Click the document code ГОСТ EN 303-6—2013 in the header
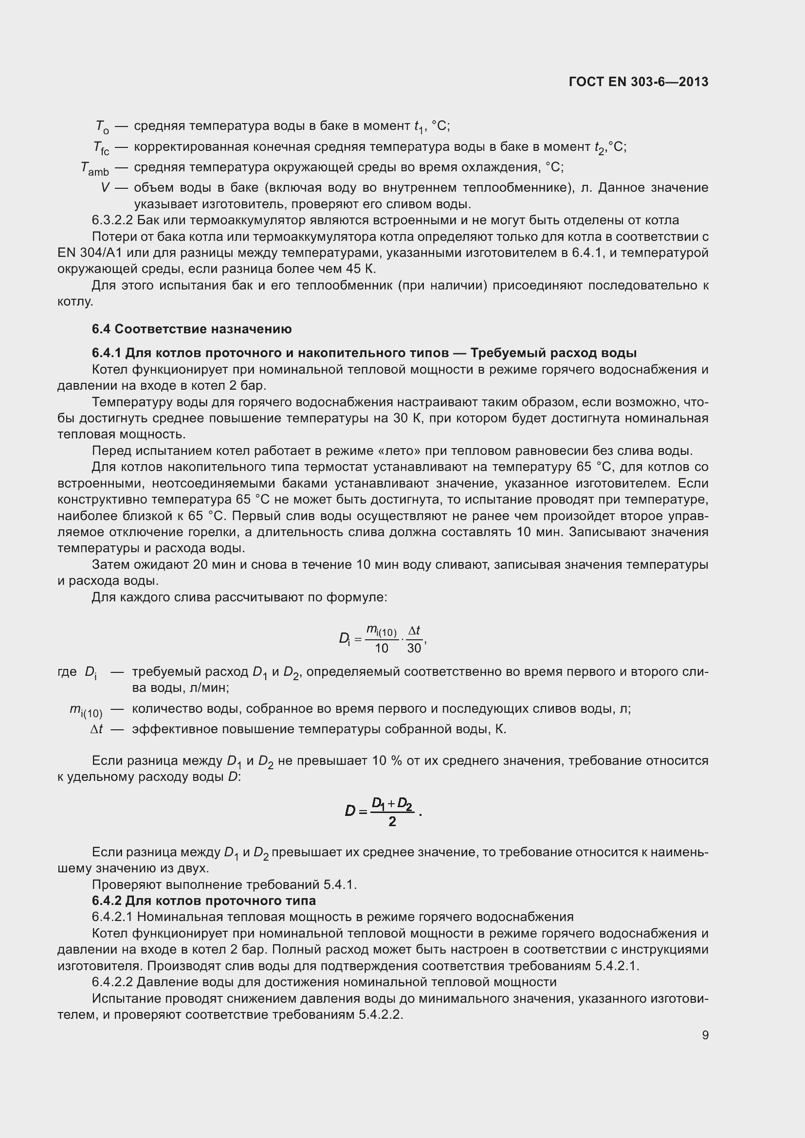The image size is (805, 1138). [639, 82]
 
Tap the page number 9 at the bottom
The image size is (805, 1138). [705, 1035]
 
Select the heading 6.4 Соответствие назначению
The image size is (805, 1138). [191, 329]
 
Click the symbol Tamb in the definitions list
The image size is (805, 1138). [95, 169]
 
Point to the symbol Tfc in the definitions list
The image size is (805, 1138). [101, 148]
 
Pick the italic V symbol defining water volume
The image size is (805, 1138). [105, 188]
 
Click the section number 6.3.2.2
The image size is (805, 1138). [112, 220]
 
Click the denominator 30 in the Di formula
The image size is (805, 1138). [413, 648]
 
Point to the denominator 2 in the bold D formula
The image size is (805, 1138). [392, 822]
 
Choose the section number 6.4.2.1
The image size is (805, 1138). [112, 917]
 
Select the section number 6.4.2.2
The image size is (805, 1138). [112, 982]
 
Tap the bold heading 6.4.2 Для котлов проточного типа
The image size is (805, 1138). [204, 901]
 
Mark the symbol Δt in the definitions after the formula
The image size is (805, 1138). [97, 729]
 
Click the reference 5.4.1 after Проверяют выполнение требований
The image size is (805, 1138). [340, 885]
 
